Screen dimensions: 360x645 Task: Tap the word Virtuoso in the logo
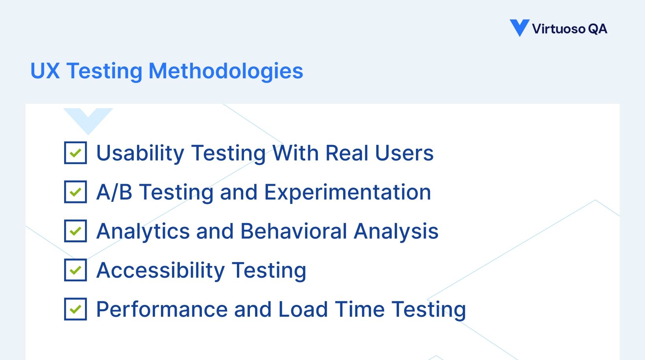[558, 29]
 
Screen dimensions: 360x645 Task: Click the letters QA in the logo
[598, 29]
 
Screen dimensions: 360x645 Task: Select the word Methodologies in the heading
[226, 71]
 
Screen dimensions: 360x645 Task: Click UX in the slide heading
[45, 71]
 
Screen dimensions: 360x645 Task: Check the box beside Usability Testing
[76, 153]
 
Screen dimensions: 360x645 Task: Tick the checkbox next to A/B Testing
[76, 192]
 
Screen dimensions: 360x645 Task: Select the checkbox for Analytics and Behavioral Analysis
[76, 231]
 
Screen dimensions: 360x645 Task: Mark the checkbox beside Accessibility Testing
[76, 270]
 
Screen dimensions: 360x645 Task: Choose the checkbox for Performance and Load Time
[76, 309]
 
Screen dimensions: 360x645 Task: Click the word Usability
[140, 153]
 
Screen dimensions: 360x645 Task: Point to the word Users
[404, 153]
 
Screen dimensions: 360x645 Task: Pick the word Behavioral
[294, 231]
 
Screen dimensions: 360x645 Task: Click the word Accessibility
[161, 270]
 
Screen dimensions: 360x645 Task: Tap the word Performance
[162, 309]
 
